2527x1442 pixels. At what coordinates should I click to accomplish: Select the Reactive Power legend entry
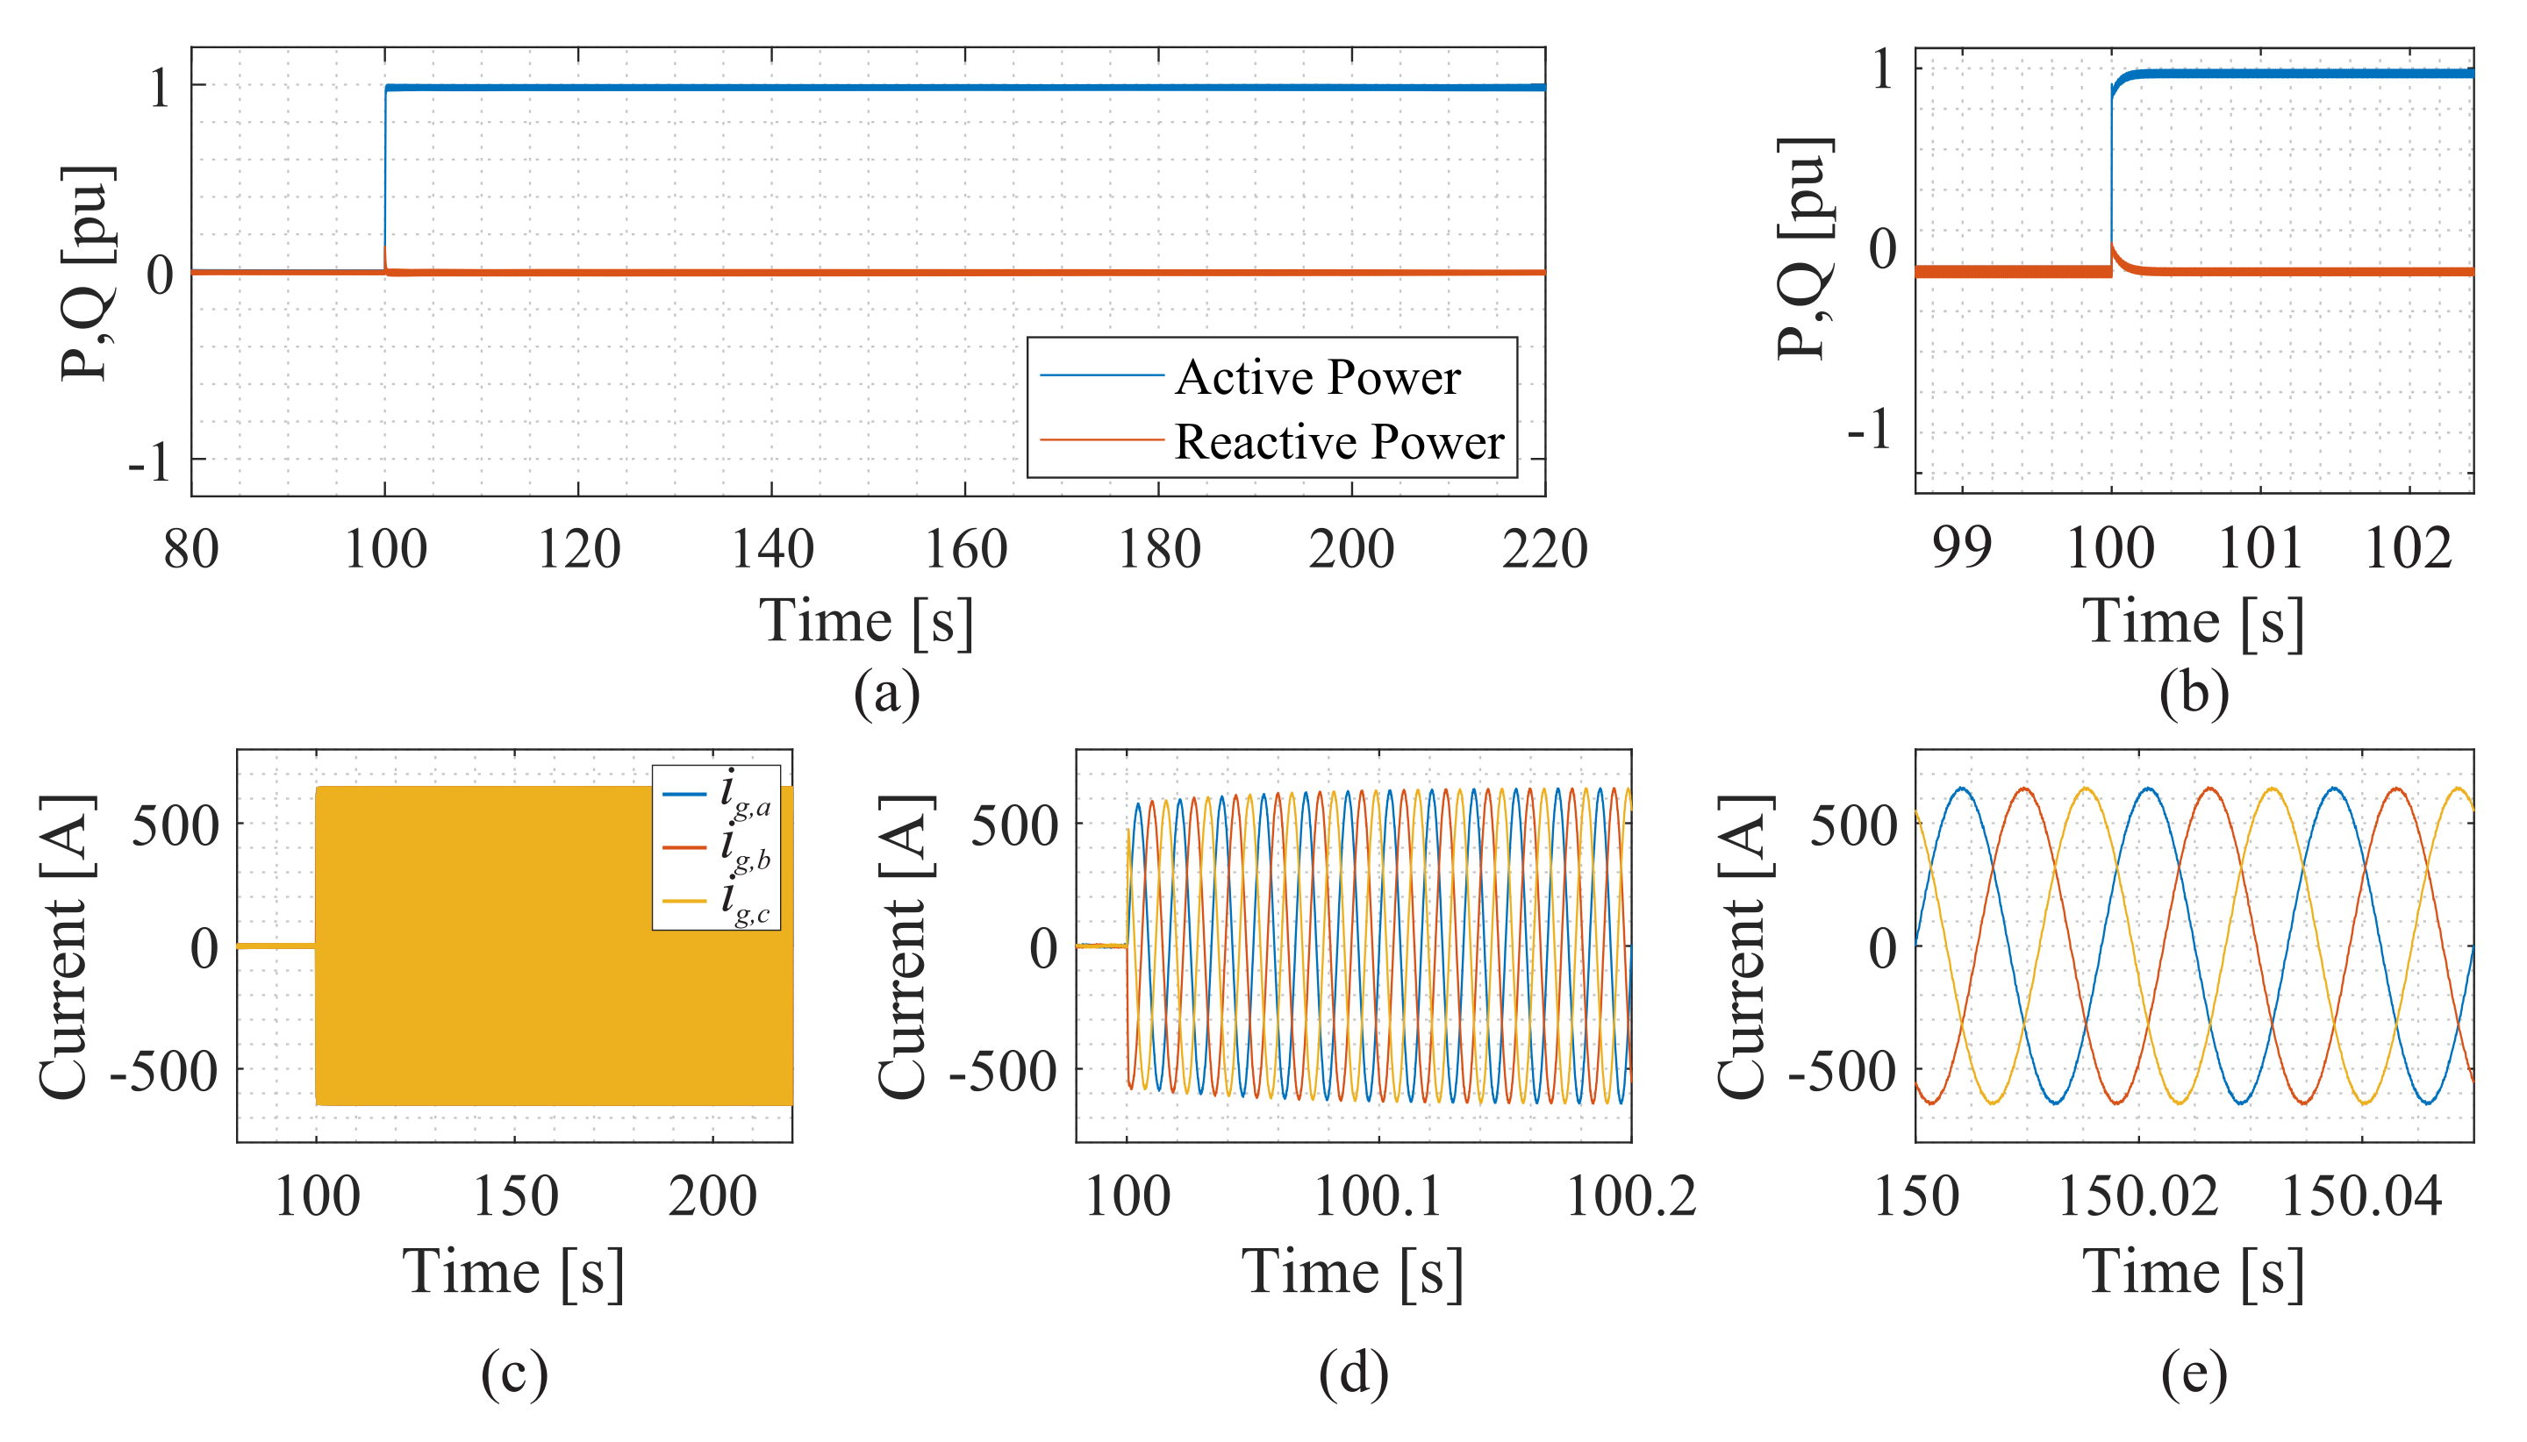tap(1338, 442)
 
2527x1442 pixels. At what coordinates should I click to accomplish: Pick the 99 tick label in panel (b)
tap(1960, 546)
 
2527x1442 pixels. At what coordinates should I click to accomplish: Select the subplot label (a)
tap(886, 692)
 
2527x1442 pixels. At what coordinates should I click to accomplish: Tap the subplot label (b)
tap(2194, 692)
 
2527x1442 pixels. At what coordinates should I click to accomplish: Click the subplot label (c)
tap(514, 1374)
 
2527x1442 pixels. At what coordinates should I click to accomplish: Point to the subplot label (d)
tap(1353, 1374)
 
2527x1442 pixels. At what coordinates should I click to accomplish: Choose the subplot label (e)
tap(2194, 1374)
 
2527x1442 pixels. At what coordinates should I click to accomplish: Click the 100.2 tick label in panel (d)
tap(1630, 1196)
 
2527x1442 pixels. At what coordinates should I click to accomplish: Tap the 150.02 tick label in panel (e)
tap(2137, 1196)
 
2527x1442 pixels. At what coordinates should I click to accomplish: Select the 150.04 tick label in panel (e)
tap(2361, 1196)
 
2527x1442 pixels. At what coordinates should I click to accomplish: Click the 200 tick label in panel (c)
tap(712, 1196)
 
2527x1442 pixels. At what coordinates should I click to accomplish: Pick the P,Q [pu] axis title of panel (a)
tap(87, 273)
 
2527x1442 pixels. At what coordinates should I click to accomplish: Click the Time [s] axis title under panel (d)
tap(1353, 1273)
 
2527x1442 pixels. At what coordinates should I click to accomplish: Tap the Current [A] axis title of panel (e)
tap(1743, 946)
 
